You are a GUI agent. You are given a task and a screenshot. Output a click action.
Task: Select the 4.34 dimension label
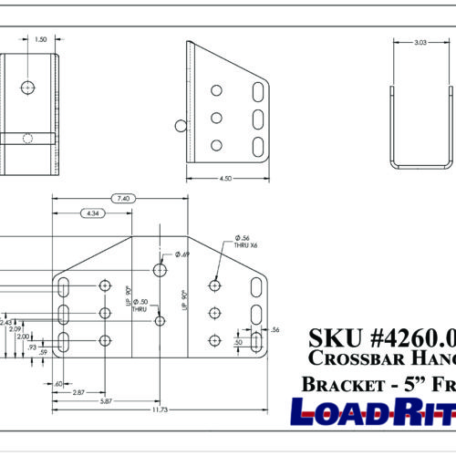[91, 212]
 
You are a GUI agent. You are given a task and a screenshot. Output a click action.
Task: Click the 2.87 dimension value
[79, 391]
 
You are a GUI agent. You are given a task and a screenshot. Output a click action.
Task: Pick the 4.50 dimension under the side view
[224, 180]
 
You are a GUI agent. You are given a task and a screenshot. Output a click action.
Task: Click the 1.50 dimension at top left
[40, 40]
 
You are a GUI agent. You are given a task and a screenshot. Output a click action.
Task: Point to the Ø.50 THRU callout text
[140, 305]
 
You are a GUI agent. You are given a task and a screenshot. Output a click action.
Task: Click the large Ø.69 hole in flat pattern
[161, 271]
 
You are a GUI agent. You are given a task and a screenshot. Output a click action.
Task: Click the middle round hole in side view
[216, 117]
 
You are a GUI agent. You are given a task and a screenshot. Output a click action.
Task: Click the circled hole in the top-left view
[28, 87]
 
